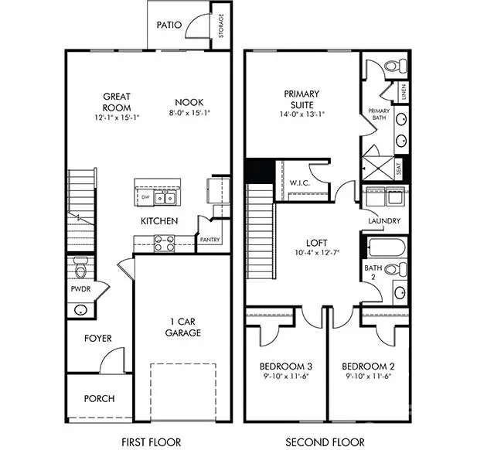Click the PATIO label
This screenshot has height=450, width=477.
click(x=169, y=25)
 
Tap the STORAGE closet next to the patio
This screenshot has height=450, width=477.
click(x=222, y=26)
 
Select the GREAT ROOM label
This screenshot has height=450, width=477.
click(x=117, y=102)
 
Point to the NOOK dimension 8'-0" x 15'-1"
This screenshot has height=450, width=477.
click(x=188, y=112)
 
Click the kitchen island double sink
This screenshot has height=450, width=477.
click(x=164, y=199)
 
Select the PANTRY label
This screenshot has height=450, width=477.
click(x=210, y=240)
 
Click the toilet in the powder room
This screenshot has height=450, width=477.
click(x=80, y=268)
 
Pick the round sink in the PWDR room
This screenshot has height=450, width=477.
click(x=80, y=310)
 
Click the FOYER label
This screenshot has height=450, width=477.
click(x=98, y=339)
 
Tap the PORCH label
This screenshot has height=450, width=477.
click(x=99, y=399)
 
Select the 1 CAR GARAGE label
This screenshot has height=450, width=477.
click(x=182, y=327)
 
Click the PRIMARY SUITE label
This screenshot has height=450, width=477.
click(x=302, y=100)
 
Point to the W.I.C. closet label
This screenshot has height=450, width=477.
click(x=300, y=183)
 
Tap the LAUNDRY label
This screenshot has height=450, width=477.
click(x=384, y=221)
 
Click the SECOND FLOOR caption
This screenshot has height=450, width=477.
click(x=325, y=442)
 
